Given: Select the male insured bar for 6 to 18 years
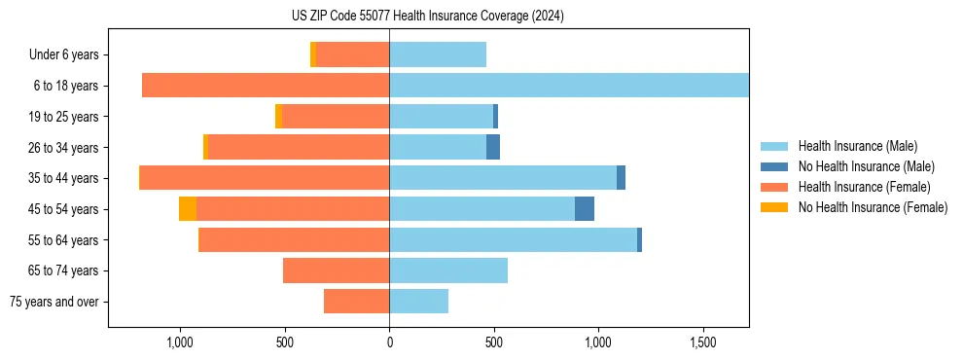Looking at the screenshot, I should point(569,86).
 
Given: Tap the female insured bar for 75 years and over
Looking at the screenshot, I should point(356,302).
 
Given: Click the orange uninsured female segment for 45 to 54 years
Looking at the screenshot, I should point(188,209).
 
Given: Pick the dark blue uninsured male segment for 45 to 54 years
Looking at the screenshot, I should point(585,209).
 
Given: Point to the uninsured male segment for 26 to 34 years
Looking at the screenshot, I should point(493,147).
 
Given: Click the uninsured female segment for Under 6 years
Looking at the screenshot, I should point(313,54).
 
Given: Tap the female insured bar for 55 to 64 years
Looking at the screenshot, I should point(294,239).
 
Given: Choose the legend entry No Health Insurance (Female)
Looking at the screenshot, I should point(873,207).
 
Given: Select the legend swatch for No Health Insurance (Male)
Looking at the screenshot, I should point(774,166).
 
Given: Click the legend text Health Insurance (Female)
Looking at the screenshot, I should point(865,187).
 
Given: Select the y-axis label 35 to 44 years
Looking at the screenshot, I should point(63,178).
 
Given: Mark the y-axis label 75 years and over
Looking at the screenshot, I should point(54,302).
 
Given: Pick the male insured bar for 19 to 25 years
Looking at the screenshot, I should point(441,117).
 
